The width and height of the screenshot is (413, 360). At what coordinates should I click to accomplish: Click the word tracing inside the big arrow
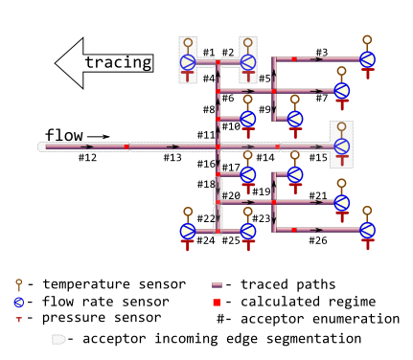[118, 63]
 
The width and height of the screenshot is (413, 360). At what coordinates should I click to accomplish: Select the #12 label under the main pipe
[87, 157]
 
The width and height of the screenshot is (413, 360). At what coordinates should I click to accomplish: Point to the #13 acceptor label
[172, 157]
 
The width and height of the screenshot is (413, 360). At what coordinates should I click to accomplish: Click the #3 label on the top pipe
[321, 52]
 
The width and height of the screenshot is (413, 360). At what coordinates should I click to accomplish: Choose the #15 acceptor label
[318, 157]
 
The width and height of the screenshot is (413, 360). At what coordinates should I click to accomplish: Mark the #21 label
[318, 195]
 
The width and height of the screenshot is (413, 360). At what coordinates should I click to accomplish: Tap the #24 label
[206, 239]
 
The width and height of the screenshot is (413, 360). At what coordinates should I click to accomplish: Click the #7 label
[321, 98]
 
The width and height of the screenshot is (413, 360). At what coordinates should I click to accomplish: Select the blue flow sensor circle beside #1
[188, 62]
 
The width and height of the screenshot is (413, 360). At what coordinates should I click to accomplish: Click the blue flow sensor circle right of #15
[341, 146]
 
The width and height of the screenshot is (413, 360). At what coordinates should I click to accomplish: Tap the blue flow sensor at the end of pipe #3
[367, 59]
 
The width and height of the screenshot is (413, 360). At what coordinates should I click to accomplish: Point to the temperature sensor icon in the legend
[18, 284]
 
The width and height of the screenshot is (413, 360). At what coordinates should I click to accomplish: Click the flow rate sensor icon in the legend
[18, 302]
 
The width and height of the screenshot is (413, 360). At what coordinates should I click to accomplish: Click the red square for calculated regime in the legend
[218, 302]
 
